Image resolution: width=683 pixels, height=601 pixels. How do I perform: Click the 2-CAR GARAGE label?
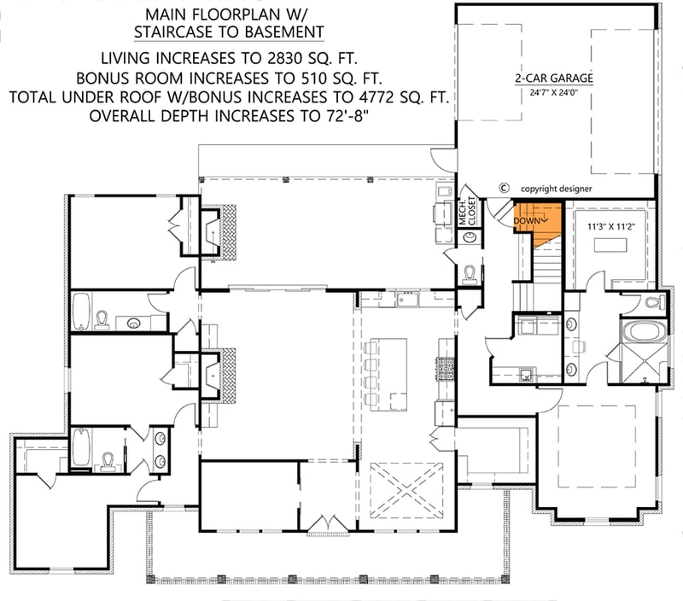click(554, 78)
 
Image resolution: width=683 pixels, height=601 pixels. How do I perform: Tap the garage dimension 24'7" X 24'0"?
click(554, 91)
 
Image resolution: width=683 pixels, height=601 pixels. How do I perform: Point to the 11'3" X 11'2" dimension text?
click(613, 228)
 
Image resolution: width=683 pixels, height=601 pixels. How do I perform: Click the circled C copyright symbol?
click(504, 188)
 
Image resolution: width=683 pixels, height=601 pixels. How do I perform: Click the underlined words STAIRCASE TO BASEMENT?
click(228, 32)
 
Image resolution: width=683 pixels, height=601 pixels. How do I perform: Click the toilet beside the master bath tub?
click(653, 302)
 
